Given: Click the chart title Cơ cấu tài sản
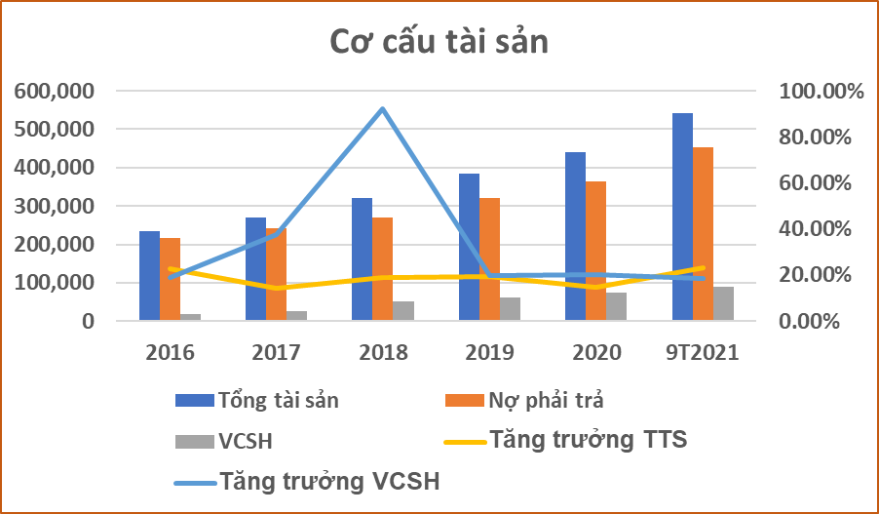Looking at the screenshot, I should coord(439,44).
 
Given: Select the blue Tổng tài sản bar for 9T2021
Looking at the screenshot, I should coord(682,217).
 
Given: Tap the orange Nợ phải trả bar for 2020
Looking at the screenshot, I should coord(594,251).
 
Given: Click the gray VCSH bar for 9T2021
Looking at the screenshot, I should coord(723,303).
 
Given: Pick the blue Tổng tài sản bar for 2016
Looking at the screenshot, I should coord(149,276).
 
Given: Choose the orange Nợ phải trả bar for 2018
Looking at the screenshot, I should coord(383,269).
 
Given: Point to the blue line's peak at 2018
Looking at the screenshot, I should coord(383,108).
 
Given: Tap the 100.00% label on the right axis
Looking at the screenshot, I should coord(822,91).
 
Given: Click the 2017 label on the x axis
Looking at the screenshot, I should coord(277,352).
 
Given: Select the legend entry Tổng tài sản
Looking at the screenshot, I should coord(279,399).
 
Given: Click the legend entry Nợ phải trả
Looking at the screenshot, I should coord(552,399).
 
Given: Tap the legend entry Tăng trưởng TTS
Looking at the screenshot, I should coord(589,440).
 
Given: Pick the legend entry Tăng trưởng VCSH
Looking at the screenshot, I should coord(329,481).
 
